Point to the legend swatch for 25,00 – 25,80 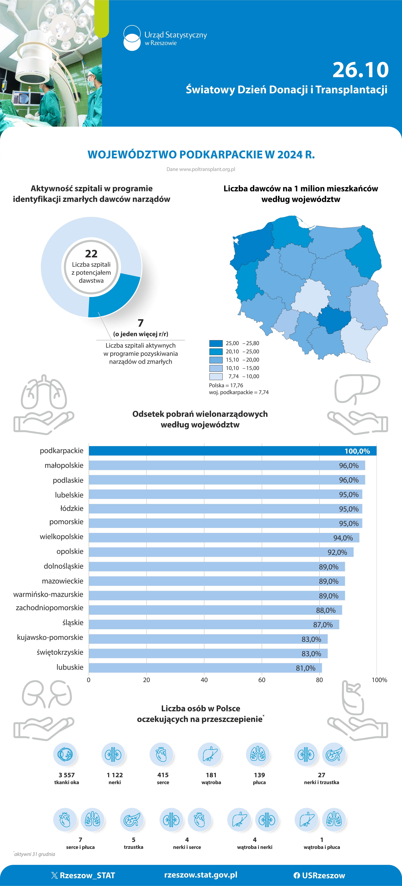point(216,343)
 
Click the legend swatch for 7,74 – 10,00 point(216,376)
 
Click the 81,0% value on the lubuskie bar point(305,668)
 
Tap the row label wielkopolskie point(62,537)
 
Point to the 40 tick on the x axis point(204,680)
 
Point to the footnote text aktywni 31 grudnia point(34,854)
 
